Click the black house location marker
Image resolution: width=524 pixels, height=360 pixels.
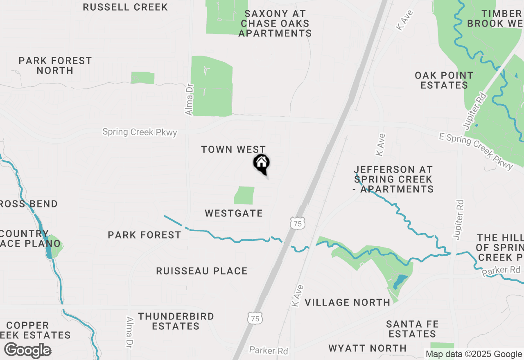point(262,164)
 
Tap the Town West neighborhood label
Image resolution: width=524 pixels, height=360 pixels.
point(233,150)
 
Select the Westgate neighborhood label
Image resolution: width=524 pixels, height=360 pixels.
point(234,213)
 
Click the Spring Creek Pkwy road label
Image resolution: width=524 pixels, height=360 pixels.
point(140,132)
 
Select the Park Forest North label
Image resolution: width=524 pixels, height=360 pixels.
point(55,65)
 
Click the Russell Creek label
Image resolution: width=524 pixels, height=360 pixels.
point(125,7)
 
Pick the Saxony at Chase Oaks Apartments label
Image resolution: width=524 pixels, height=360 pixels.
point(275,23)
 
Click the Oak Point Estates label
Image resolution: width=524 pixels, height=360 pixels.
point(444,80)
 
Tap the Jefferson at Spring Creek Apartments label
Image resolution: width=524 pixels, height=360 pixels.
point(393,179)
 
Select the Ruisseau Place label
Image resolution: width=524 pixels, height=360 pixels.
point(202,271)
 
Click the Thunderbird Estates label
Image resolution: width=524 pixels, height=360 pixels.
point(176,321)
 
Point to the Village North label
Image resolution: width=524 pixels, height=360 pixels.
point(348,302)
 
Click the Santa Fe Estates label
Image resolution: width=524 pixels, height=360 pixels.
point(413,329)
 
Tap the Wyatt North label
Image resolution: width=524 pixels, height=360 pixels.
point(368,348)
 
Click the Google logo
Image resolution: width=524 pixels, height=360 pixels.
point(27,351)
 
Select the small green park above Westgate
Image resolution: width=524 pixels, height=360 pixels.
point(244,195)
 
